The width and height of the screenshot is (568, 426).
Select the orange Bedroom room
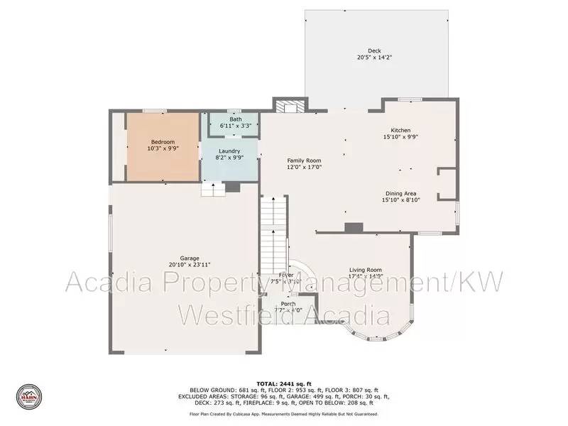[162, 146]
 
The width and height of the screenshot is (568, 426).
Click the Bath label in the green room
[235, 119]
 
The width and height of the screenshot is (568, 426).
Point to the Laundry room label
[229, 151]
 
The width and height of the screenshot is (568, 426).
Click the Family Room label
[304, 160]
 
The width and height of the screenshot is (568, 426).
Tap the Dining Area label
[401, 193]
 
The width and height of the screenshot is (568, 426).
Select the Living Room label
[366, 269]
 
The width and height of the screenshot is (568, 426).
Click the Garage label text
[189, 258]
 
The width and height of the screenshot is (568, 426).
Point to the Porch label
[288, 303]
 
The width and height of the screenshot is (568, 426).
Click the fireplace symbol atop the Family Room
[290, 107]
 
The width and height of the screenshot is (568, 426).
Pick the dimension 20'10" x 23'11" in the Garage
[189, 265]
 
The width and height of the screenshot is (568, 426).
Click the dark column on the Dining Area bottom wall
[353, 227]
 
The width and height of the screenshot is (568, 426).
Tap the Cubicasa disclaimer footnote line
[283, 413]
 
